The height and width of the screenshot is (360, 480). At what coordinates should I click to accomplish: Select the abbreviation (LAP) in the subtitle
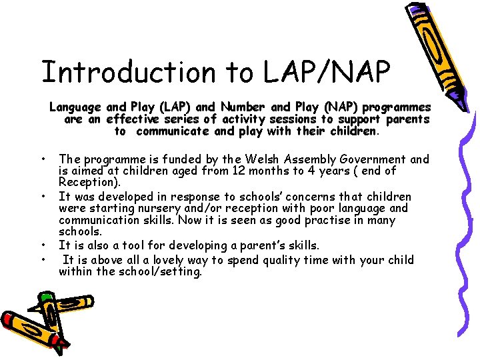(x=176, y=107)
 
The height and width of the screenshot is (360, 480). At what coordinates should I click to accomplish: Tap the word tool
(x=152, y=245)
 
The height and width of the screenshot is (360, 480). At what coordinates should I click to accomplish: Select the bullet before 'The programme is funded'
(x=43, y=159)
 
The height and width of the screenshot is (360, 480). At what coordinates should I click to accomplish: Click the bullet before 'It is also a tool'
(x=43, y=245)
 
